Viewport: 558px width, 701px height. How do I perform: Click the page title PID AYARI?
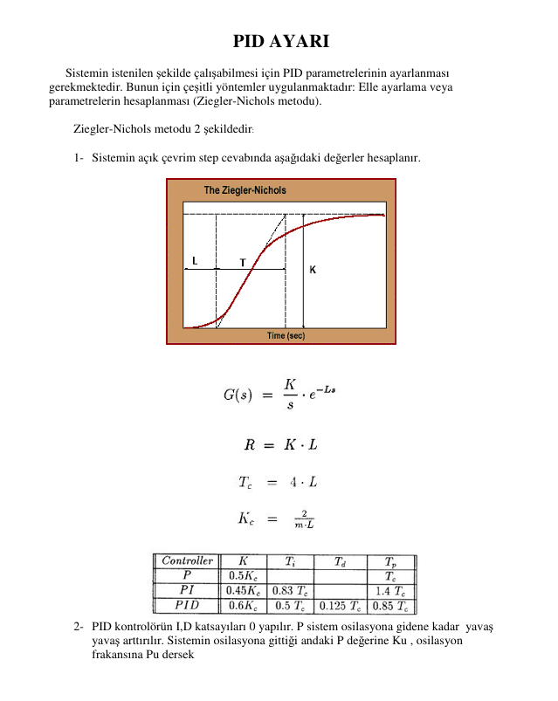[x=280, y=42]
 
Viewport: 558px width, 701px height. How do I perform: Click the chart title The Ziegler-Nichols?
[x=245, y=190]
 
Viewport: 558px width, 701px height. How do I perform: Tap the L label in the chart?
[x=195, y=260]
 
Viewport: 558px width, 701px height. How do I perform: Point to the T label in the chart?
[x=243, y=261]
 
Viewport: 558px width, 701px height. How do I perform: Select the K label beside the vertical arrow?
[x=312, y=270]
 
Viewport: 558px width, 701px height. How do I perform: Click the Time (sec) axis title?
[x=286, y=335]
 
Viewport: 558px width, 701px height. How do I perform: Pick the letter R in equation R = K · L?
[x=249, y=445]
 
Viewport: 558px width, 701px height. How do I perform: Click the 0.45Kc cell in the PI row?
[x=242, y=590]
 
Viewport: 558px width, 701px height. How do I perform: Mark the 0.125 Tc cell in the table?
[x=339, y=605]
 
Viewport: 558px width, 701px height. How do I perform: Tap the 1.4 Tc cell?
[x=389, y=590]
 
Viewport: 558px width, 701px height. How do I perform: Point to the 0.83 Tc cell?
[x=289, y=590]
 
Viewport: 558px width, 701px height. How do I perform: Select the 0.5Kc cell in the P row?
[x=242, y=575]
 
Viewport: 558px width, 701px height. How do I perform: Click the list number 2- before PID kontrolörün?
[x=79, y=627]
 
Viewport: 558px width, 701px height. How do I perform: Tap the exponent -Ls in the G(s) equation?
[x=327, y=387]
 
